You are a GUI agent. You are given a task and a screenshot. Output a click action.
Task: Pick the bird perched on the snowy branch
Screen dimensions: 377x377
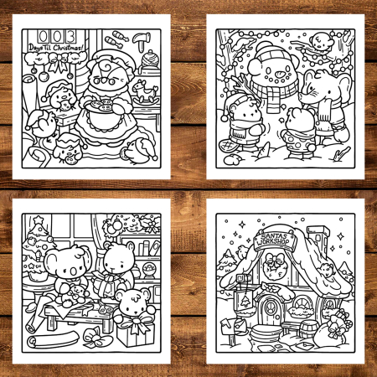(319, 39)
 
